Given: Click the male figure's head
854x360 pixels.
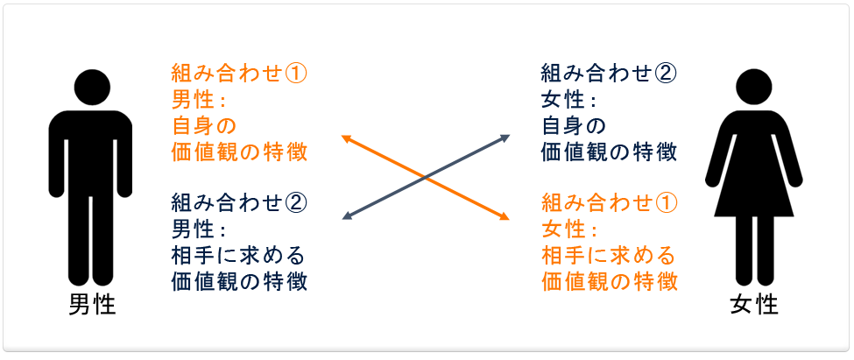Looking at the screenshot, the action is tap(92, 87).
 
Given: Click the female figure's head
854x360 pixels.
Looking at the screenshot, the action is tap(754, 87).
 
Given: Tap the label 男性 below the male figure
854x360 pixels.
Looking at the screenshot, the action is tap(92, 305).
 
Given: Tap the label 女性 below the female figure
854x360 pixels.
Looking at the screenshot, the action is tap(754, 305).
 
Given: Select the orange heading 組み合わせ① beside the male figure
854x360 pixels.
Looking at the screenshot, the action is tap(239, 74).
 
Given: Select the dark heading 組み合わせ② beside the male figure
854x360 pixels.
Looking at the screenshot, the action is tap(239, 204).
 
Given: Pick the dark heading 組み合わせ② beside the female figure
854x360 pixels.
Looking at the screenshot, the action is tap(609, 74).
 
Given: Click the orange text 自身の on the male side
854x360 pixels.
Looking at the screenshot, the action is tap(204, 126).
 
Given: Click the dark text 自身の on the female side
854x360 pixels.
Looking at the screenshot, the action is tap(573, 126).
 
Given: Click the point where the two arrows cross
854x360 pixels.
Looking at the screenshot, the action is tap(426, 178).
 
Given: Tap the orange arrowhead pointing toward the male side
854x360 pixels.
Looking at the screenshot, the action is tap(346, 139).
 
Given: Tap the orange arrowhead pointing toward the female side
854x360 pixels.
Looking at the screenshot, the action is tap(505, 216).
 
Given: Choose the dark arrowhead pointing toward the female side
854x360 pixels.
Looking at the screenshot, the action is tap(505, 138).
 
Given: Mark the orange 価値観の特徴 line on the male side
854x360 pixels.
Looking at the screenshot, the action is tap(239, 152).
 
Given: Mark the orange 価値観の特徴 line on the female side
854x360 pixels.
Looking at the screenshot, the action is tap(610, 282).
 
